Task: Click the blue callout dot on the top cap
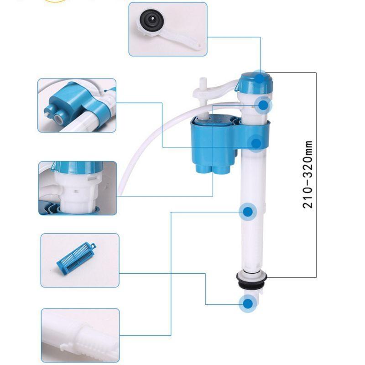click(260, 78)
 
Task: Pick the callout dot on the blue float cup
click(256, 143)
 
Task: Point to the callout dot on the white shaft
click(248, 212)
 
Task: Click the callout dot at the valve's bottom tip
click(249, 303)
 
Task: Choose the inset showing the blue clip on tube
click(77, 105)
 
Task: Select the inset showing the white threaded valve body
click(77, 188)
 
